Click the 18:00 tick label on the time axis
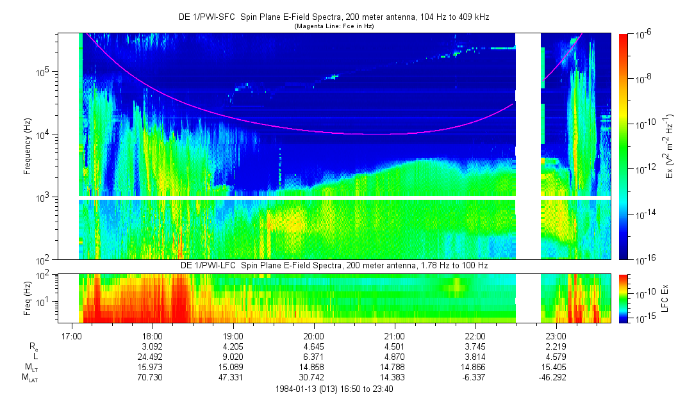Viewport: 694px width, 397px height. pos(153,336)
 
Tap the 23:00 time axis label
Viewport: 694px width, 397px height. pos(556,336)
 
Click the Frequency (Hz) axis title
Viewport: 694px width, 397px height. pos(28,147)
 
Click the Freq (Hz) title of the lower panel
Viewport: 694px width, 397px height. pos(28,298)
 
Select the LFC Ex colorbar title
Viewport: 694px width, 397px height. pos(665,298)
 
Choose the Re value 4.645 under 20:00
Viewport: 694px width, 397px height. pos(314,346)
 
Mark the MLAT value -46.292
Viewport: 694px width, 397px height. pos(552,378)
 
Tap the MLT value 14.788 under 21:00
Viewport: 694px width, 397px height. pos(393,368)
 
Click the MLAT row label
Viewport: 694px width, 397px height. pos(29,378)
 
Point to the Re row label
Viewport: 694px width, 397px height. pos(33,347)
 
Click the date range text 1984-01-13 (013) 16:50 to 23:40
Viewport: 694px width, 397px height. pos(334,389)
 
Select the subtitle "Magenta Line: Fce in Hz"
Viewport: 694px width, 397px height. pos(334,26)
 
